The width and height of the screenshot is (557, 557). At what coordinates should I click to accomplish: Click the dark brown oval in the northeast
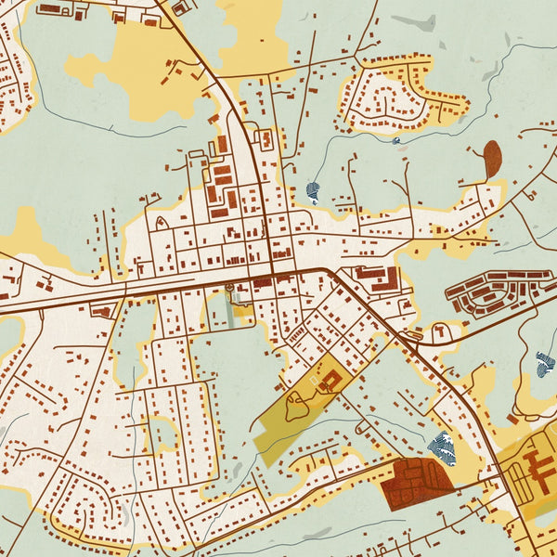[492, 158]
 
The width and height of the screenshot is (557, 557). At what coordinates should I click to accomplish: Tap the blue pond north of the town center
[313, 193]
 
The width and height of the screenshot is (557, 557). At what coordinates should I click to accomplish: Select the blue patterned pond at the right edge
[546, 364]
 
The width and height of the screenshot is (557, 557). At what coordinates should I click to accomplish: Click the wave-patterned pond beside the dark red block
[444, 447]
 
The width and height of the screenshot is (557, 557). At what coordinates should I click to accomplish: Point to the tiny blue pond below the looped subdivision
[396, 140]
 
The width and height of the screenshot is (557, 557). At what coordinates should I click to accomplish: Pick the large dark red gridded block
[416, 483]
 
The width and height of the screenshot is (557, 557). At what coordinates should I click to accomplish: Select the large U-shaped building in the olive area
[330, 380]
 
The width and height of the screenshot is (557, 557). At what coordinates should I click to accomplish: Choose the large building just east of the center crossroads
[376, 277]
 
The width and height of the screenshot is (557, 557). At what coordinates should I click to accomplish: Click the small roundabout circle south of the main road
[230, 290]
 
